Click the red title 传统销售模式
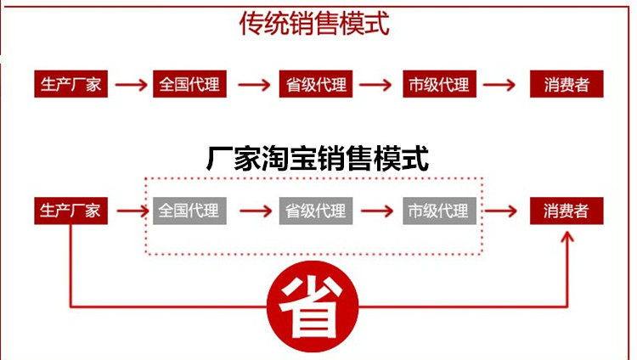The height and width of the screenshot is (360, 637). click(x=314, y=24)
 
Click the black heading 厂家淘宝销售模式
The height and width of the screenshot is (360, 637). click(x=318, y=158)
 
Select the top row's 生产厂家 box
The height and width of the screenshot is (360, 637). click(x=71, y=85)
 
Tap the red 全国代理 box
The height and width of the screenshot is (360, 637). click(x=189, y=85)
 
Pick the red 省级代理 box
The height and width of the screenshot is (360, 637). click(x=313, y=85)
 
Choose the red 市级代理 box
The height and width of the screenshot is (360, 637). click(x=438, y=85)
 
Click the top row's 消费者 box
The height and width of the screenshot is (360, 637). click(x=567, y=85)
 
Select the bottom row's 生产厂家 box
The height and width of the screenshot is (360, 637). click(x=71, y=211)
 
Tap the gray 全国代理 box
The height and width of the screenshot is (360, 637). click(x=189, y=211)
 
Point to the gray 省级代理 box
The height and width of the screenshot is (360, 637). click(x=313, y=211)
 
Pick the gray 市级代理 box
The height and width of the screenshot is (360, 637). click(x=438, y=211)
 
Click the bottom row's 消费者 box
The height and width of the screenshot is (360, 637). click(x=567, y=211)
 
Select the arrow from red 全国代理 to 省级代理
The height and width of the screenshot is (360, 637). click(x=253, y=85)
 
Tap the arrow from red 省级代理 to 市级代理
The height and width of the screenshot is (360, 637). click(x=376, y=85)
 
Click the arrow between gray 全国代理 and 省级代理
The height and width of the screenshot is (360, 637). click(x=253, y=211)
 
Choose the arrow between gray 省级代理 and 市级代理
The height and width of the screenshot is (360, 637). click(x=376, y=211)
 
